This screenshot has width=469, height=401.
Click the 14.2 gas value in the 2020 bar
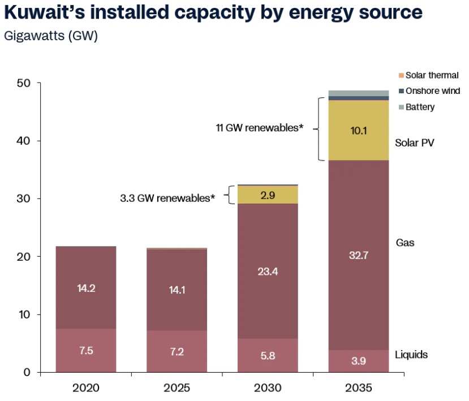(86, 287)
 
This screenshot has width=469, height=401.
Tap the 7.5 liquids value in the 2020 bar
(86, 351)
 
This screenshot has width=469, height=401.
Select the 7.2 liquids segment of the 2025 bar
(177, 352)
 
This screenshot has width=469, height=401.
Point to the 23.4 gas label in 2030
(268, 271)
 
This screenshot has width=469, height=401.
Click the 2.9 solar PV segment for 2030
(268, 195)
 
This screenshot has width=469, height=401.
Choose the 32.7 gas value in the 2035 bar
(359, 255)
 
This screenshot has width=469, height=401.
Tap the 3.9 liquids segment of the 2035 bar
(359, 361)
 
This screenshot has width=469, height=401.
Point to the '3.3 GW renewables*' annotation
(168, 198)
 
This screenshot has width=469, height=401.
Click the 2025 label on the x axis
(177, 388)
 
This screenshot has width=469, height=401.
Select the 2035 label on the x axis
(359, 388)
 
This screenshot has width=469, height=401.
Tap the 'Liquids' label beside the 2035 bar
(411, 355)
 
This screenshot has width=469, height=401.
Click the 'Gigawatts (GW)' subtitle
(51, 36)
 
